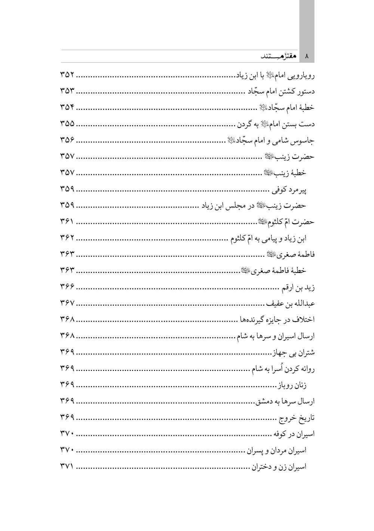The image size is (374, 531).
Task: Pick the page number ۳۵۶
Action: coord(68,140)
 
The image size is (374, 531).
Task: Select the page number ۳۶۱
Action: coord(68,222)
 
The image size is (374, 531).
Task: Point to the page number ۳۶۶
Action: coord(68,287)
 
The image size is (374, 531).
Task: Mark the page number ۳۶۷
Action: coord(68,303)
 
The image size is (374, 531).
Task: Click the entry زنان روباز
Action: coord(292,385)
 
